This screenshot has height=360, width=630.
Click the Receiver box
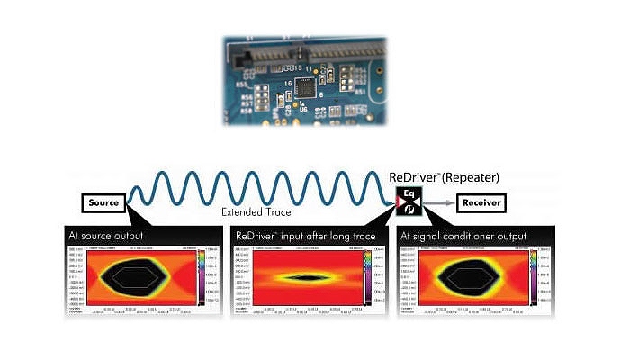click(x=481, y=203)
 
